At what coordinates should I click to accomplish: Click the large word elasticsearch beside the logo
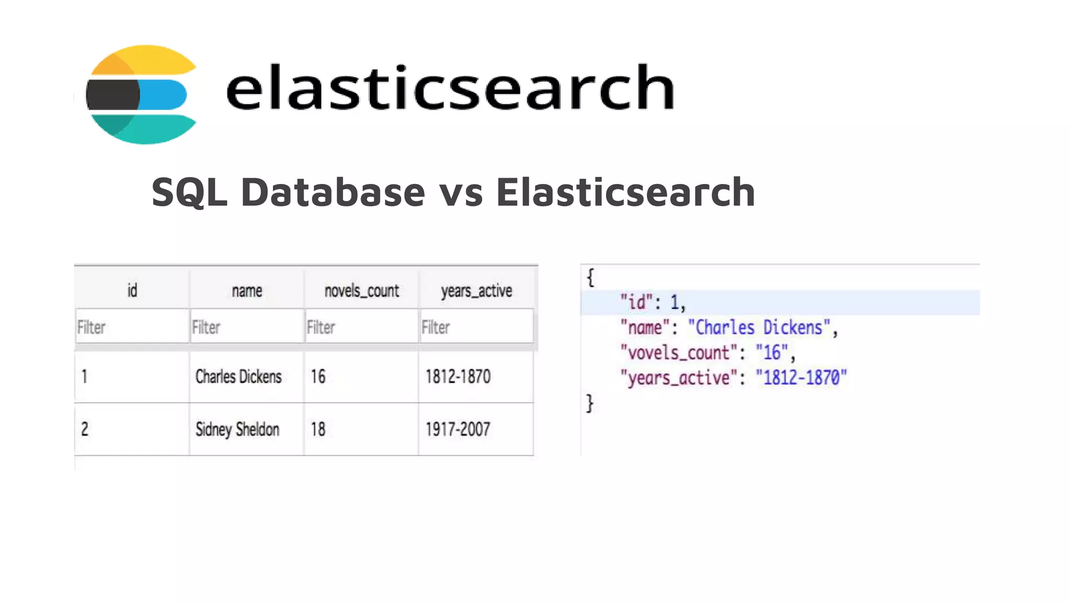pos(450,87)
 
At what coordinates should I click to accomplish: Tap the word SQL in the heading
pos(189,192)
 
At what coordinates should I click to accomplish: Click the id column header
pos(132,291)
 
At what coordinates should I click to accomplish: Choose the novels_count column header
pos(362,291)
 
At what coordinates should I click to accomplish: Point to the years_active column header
pos(476,291)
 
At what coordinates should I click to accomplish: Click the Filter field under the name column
pos(247,327)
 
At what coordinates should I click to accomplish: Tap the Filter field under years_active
pos(476,327)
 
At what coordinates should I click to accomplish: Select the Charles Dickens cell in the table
pos(238,377)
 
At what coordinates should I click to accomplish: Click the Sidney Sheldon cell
pos(237,430)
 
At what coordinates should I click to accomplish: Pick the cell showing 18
pos(318,430)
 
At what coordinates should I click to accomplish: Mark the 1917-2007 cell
pos(458,430)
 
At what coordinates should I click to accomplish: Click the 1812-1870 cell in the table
pos(458,377)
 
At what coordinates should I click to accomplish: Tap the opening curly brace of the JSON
pos(590,277)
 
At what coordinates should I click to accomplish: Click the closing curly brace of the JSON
pos(590,403)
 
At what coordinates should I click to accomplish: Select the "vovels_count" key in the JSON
pos(678,353)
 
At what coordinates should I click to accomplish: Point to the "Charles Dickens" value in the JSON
pos(759,328)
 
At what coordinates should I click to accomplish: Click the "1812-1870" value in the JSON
pos(801,377)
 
